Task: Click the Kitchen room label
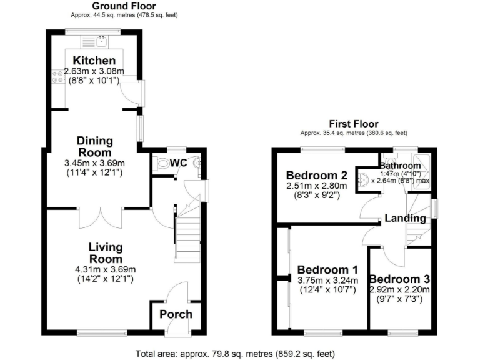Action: click(x=94, y=61)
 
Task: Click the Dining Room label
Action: click(x=94, y=146)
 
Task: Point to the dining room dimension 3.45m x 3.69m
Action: click(x=94, y=163)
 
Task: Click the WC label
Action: click(x=179, y=162)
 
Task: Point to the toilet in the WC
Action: click(x=163, y=164)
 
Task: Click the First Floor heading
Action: click(x=354, y=124)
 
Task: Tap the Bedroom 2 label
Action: click(x=316, y=175)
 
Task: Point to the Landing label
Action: click(x=405, y=218)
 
